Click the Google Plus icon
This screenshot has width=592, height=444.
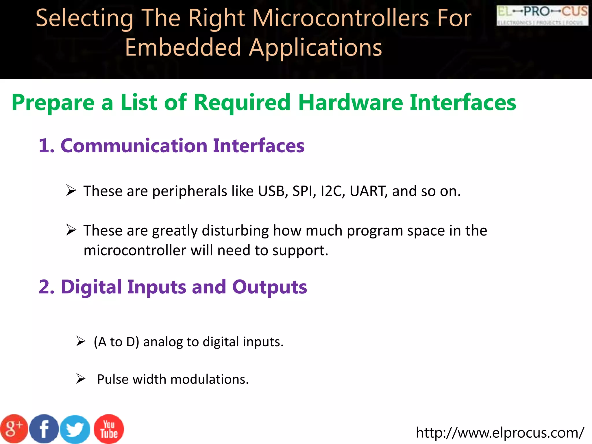14,429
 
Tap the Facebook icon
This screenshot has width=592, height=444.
44,429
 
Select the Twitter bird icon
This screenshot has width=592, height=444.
75,430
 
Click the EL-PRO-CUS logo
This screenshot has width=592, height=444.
542,16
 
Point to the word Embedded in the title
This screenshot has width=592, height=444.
183,47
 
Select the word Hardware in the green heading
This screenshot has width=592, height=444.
351,102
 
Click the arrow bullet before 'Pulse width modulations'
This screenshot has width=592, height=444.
81,378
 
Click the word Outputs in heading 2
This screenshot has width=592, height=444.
269,287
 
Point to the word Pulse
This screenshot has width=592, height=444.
113,379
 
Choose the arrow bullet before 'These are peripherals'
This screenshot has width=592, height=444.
71,190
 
